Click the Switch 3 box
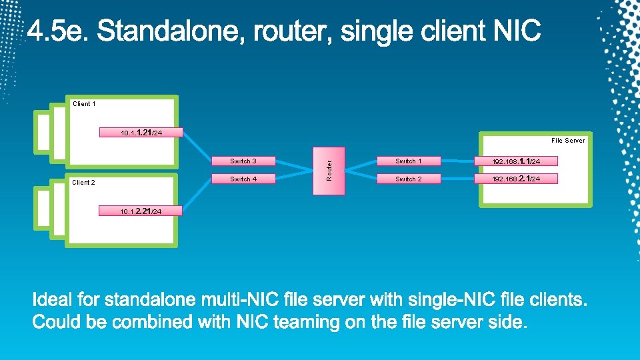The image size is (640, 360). tap(243, 161)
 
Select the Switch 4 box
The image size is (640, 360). tap(243, 179)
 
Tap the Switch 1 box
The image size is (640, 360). tap(408, 161)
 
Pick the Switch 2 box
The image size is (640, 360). tap(408, 179)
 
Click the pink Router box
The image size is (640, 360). tap(329, 171)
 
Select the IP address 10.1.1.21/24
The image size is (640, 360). tap(141, 133)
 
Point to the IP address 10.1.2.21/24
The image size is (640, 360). tap(141, 211)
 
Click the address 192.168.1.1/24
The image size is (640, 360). tap(516, 161)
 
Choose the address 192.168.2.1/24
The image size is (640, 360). tap(516, 179)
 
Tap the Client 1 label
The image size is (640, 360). tap(84, 104)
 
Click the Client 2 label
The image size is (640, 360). tap(83, 183)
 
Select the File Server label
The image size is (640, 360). tap(568, 141)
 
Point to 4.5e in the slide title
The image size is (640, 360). tap(61, 32)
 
